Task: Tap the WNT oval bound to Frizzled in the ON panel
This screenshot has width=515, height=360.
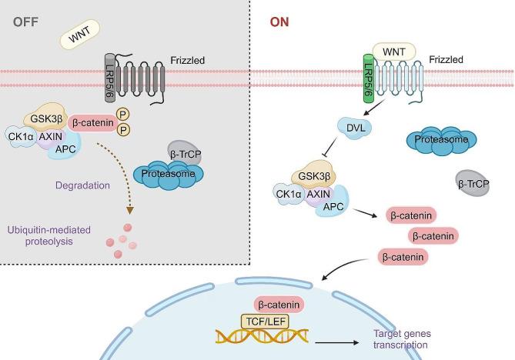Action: pyautogui.click(x=394, y=51)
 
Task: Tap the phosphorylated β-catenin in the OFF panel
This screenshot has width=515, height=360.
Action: pyautogui.click(x=95, y=122)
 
